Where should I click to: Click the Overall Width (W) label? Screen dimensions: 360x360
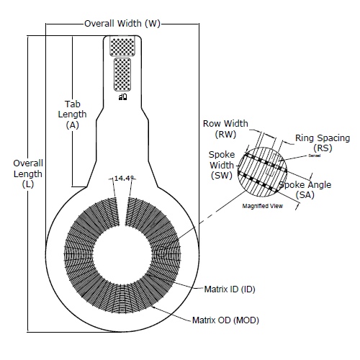click(122, 24)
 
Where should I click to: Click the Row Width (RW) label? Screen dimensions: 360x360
click(225, 129)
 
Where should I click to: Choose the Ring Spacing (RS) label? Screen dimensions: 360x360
click(322, 143)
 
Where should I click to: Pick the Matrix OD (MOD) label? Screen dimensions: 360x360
click(225, 320)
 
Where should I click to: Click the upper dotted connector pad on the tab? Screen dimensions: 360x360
click(122, 46)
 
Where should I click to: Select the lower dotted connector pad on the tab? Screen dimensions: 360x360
click(122, 74)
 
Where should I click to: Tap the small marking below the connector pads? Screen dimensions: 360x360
click(122, 95)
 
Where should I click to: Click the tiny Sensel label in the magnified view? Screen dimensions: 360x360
click(294, 156)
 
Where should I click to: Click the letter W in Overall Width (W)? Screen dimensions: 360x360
click(152, 24)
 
